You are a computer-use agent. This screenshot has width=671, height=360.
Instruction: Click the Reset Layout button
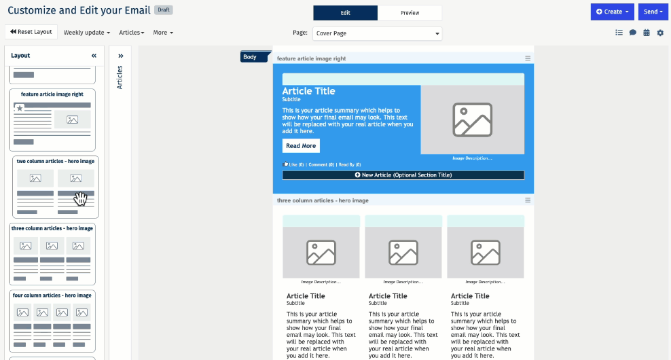(x=31, y=32)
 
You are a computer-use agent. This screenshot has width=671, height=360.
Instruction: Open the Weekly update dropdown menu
(x=86, y=33)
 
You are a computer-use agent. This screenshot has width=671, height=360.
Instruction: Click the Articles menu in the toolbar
(x=132, y=33)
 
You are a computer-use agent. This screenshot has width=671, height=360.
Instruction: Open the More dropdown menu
(x=163, y=33)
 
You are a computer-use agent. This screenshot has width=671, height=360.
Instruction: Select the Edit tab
(x=345, y=13)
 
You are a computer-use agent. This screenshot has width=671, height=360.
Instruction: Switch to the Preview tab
(x=410, y=13)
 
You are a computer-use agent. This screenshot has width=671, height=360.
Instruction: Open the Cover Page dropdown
(x=377, y=33)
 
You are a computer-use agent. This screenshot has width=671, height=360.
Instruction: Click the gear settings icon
(x=660, y=33)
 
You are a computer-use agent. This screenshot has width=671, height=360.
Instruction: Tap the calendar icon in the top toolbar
(x=647, y=33)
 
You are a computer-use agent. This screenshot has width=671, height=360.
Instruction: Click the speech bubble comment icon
(x=633, y=33)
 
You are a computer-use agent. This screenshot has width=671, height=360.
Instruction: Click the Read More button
(x=301, y=146)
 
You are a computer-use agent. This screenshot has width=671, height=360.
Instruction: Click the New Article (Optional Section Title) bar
(x=403, y=175)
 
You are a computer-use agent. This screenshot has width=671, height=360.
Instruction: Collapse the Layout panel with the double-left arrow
(x=94, y=56)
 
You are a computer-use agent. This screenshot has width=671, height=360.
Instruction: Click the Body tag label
(x=251, y=57)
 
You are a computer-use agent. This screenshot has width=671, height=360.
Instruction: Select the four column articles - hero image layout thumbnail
(x=52, y=321)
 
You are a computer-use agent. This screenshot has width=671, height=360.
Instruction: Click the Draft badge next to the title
(x=163, y=10)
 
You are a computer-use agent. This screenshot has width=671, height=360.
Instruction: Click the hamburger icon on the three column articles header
(x=528, y=200)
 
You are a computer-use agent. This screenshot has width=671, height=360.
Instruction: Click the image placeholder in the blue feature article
(x=472, y=120)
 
